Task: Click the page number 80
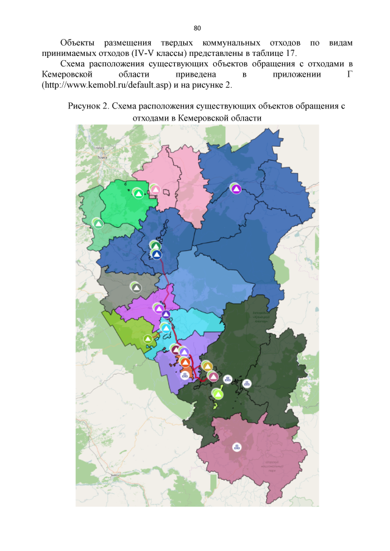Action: coord(197,29)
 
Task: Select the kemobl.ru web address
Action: coord(107,84)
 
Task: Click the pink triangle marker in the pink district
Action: coord(156,189)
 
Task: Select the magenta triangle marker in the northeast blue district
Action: coord(236,189)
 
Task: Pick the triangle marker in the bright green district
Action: coord(138,194)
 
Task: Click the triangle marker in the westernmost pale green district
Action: coord(97,223)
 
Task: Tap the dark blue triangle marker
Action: coord(157,254)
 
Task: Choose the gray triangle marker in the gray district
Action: coord(136,287)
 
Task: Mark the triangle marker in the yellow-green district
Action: coord(147,339)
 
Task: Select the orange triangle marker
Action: coord(185,363)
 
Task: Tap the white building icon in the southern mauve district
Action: coord(236,447)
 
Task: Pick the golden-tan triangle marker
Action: coord(207,367)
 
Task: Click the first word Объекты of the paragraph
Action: coord(76,43)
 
